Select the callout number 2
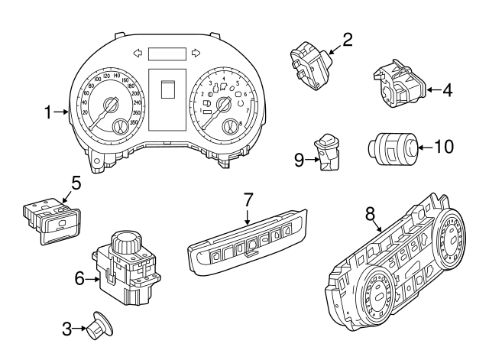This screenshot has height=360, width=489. (347, 39)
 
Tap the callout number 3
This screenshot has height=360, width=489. (67, 329)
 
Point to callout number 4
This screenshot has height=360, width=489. (447, 90)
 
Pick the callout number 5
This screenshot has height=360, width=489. (76, 183)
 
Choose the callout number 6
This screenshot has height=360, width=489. (79, 280)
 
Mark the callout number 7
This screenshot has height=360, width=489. (248, 200)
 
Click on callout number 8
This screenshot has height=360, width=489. (371, 216)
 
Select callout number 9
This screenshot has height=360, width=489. (299, 159)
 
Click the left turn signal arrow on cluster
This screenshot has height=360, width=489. (138, 54)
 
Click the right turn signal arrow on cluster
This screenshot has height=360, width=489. (196, 54)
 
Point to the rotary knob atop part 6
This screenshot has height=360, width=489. (124, 245)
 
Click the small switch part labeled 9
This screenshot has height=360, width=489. (330, 152)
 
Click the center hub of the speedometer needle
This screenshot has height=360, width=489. (110, 105)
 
